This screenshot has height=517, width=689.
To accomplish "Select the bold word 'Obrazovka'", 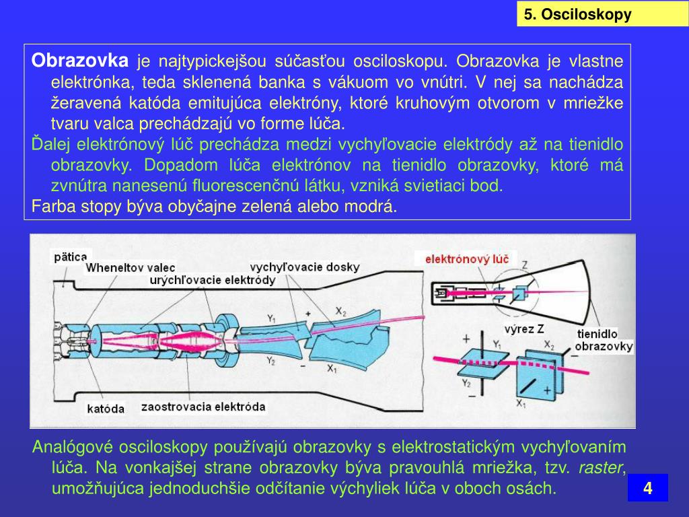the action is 79,61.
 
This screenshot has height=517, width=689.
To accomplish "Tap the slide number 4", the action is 647,488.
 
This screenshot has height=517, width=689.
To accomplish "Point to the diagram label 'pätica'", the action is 71,256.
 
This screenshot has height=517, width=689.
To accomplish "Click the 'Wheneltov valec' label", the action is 130,268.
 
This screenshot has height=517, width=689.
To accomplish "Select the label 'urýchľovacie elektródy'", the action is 213,280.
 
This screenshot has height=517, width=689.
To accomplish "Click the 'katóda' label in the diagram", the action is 106,409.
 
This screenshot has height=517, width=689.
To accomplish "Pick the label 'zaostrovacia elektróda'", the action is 203,407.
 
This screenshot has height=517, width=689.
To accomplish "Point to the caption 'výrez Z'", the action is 523,329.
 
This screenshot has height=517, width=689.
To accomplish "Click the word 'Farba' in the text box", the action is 52,206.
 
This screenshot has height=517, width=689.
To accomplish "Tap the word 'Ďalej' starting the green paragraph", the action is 52,144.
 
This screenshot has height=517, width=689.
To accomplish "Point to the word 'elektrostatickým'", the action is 446,448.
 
